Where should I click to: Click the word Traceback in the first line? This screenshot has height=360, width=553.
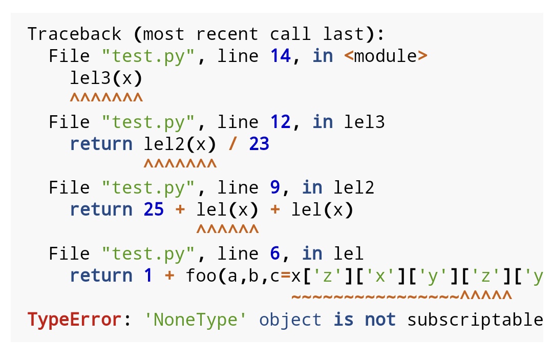coord(74,34)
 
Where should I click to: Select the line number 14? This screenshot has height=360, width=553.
coord(281,56)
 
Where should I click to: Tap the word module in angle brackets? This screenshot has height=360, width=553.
coord(386,56)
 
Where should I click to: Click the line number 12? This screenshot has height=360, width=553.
coord(281,122)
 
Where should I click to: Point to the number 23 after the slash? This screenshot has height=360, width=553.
coord(259,144)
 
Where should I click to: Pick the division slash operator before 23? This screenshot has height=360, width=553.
coord(233,144)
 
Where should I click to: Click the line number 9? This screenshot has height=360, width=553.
coord(275,187)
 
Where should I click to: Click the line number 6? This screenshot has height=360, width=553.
coord(275,253)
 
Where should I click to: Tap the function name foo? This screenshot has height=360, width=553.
coord(201,276)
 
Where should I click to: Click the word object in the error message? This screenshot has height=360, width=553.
coord(290,320)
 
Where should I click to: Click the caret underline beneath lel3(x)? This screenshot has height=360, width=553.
coord(106,97)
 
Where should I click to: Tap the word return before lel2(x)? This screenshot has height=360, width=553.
coord(101,144)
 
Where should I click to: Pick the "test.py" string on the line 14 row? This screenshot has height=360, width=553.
coord(148,56)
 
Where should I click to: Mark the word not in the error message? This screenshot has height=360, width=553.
coord(380,320)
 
